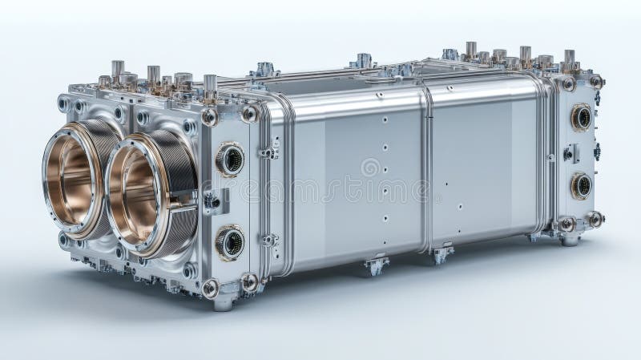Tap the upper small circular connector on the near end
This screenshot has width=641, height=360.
[230, 159]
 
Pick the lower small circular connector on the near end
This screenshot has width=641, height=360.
[230, 242]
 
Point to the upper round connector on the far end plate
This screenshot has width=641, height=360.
[581, 117]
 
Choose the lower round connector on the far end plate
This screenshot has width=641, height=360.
[581, 186]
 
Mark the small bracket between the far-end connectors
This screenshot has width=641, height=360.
[571, 152]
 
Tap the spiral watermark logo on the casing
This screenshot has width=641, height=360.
[370, 168]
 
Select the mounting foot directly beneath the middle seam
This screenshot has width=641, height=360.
[440, 255]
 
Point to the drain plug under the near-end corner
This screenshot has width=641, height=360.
[224, 303]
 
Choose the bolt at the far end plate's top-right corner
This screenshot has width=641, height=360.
[595, 81]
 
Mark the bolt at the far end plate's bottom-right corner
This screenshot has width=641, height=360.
[594, 218]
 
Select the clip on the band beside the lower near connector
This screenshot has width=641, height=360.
[269, 240]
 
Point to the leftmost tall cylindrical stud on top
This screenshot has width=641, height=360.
[118, 70]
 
